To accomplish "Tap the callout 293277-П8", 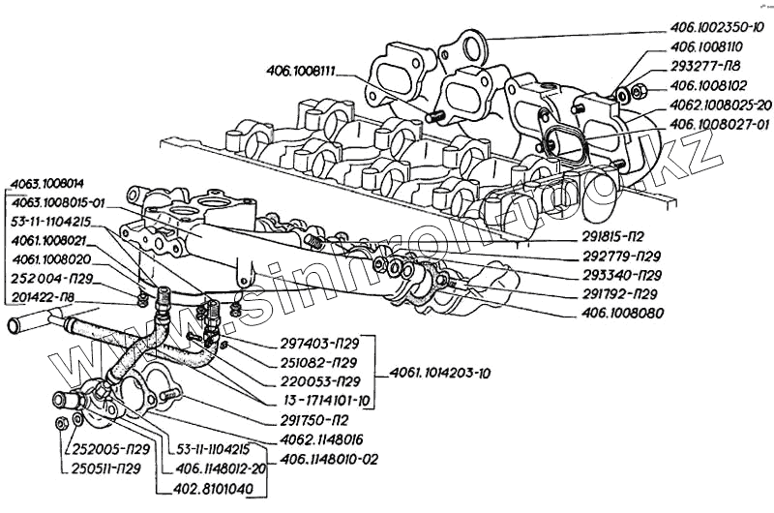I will [x=708, y=68].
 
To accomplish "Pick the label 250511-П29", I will [x=106, y=468].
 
